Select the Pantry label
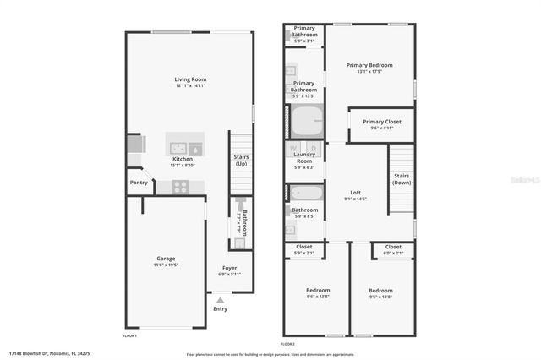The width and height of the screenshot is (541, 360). [139, 182]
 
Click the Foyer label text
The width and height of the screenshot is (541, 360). [230, 270]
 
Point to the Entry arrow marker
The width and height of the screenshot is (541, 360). [221, 298]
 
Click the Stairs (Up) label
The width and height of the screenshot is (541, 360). [241, 160]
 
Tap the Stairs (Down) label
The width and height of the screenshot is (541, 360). [402, 179]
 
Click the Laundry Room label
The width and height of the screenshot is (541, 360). [303, 157]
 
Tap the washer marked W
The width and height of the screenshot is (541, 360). [293, 149]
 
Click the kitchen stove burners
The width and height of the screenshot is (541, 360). [182, 187]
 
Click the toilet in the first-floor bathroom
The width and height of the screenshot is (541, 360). [240, 206]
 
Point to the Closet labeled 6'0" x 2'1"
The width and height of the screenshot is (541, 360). [393, 249]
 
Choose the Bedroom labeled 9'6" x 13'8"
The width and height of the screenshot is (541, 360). [317, 293]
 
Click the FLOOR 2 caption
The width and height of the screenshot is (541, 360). [287, 344]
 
